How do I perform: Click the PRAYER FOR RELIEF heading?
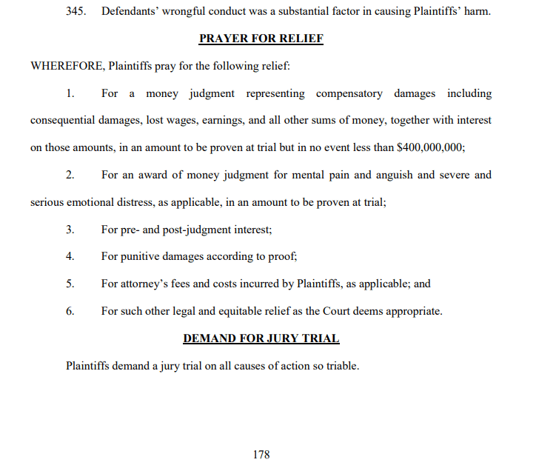(261, 39)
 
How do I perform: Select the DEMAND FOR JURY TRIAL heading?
(261, 338)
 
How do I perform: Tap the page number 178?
(261, 454)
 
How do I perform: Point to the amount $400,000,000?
(431, 147)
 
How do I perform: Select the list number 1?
(70, 93)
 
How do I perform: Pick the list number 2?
(70, 175)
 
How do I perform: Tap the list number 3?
(70, 230)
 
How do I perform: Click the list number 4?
(70, 256)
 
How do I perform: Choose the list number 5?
(70, 284)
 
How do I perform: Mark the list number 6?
(70, 311)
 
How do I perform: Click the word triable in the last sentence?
(341, 366)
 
